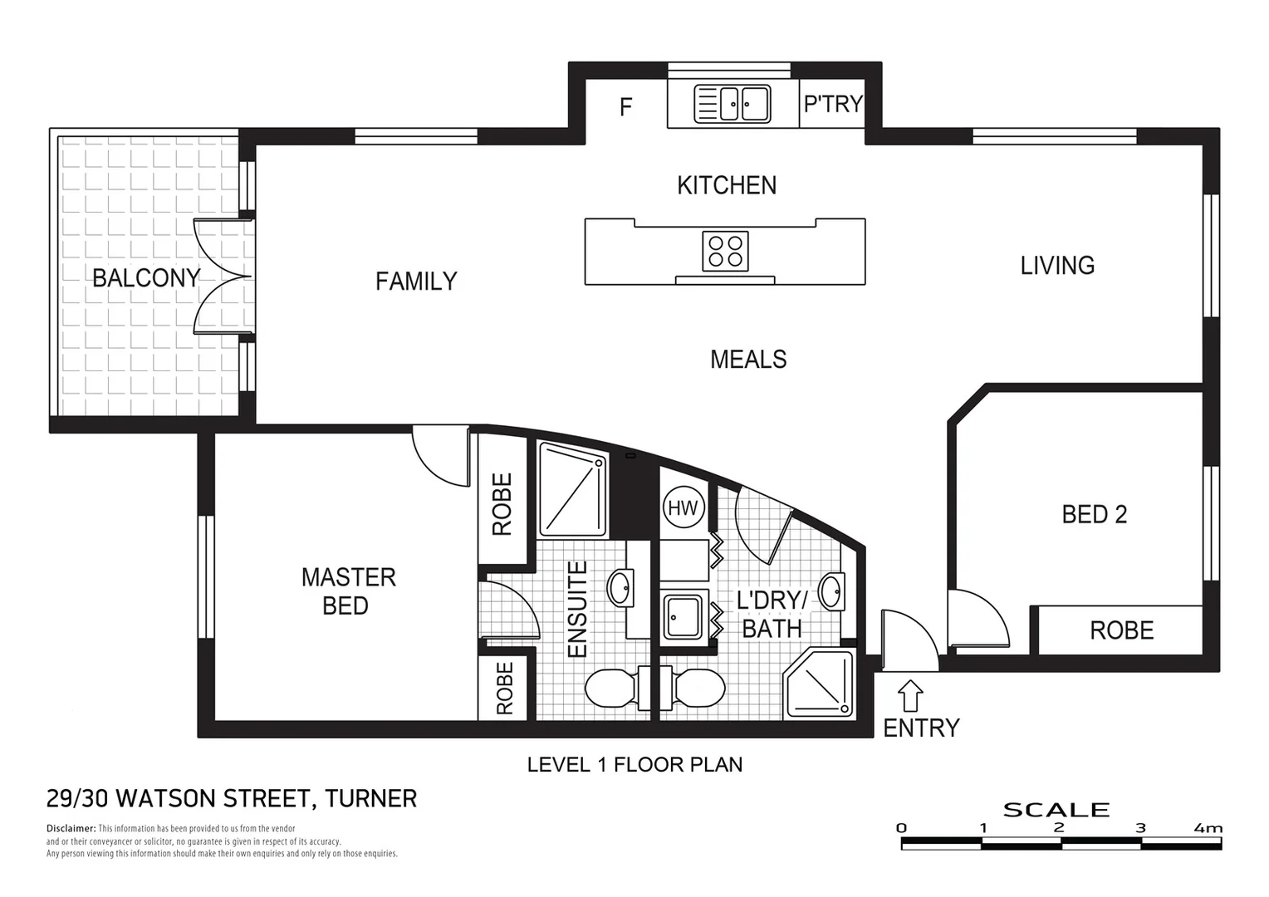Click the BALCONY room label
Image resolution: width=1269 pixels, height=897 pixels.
(146, 278)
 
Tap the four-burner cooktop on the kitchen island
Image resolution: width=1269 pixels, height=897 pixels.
(725, 252)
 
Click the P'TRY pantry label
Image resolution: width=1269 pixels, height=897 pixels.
(832, 105)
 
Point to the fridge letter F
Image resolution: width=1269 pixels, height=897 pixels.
(626, 107)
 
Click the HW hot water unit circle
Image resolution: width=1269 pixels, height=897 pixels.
(683, 507)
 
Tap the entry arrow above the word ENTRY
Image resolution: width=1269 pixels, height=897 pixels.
(911, 694)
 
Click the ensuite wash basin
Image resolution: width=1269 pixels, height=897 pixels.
(619, 589)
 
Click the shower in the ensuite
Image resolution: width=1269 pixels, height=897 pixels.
(572, 489)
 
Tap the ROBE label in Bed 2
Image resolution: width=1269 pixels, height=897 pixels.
(1121, 630)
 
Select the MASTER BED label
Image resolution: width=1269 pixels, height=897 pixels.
(347, 591)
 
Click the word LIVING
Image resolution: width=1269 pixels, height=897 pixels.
(1057, 266)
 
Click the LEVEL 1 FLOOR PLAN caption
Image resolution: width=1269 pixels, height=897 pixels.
(634, 765)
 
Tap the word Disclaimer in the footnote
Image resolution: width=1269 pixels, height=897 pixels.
(71, 829)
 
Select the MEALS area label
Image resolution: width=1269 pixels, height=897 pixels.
(748, 360)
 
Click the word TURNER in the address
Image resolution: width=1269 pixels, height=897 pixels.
(370, 799)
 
